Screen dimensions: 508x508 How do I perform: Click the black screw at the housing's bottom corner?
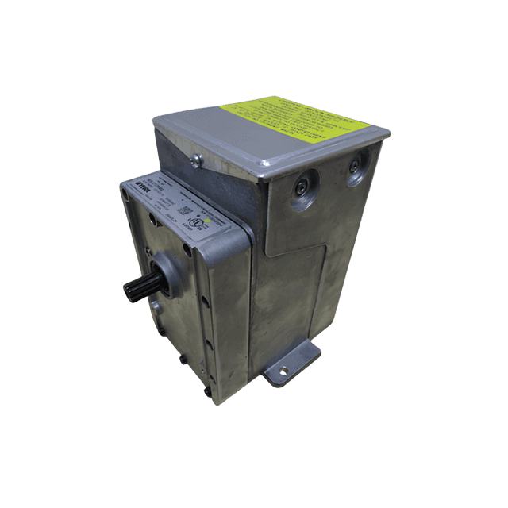[207, 391]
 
